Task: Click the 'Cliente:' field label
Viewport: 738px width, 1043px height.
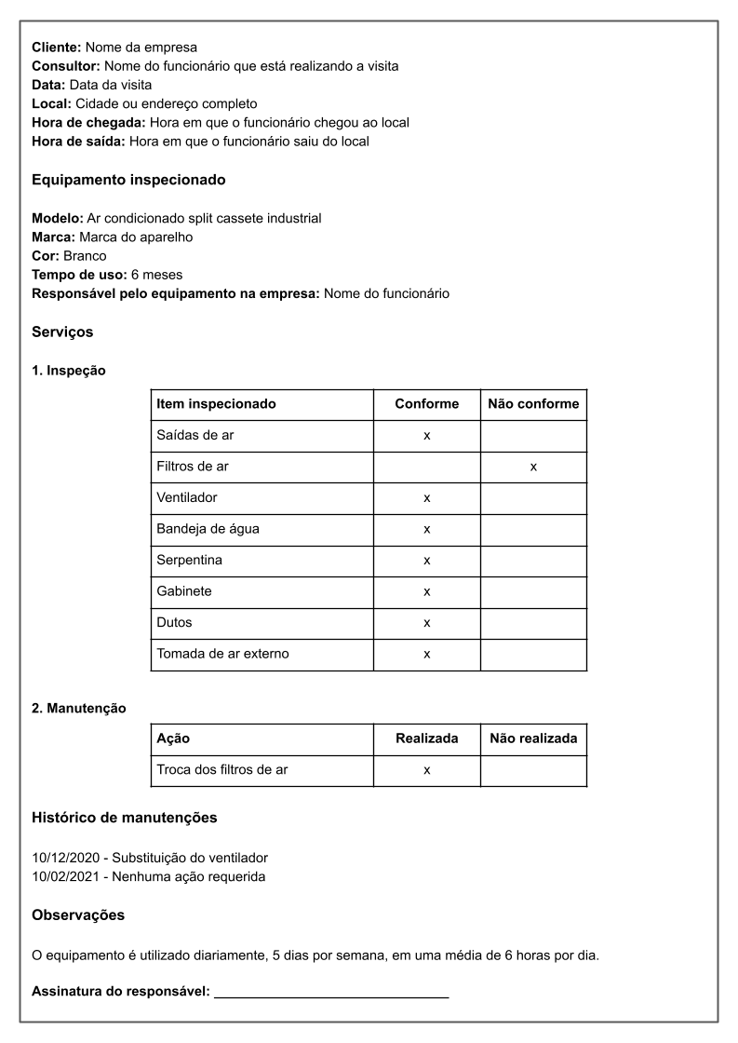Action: click(x=57, y=47)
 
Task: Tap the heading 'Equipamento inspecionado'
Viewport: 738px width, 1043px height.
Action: click(x=128, y=180)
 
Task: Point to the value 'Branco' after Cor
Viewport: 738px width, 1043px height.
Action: click(x=85, y=256)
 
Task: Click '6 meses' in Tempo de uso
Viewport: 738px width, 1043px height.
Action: click(x=157, y=275)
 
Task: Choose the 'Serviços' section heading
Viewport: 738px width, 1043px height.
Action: click(x=62, y=332)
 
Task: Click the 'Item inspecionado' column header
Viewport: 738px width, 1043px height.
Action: click(x=216, y=404)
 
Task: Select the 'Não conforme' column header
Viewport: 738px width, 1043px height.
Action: click(x=533, y=404)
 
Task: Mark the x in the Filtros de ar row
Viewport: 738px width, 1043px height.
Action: click(x=533, y=467)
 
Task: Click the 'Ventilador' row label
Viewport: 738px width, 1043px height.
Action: click(x=187, y=498)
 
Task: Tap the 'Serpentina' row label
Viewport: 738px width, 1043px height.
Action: click(x=189, y=561)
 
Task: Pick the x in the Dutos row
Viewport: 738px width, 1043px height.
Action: click(x=426, y=623)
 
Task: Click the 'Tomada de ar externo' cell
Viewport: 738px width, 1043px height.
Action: click(x=222, y=654)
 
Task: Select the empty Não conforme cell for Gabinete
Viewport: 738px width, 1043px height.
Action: click(x=533, y=591)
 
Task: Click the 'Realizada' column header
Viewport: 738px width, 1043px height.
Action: click(x=426, y=738)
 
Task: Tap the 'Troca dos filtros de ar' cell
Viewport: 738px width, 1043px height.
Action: click(x=221, y=770)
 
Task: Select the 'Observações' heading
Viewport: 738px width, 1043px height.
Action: click(x=78, y=915)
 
